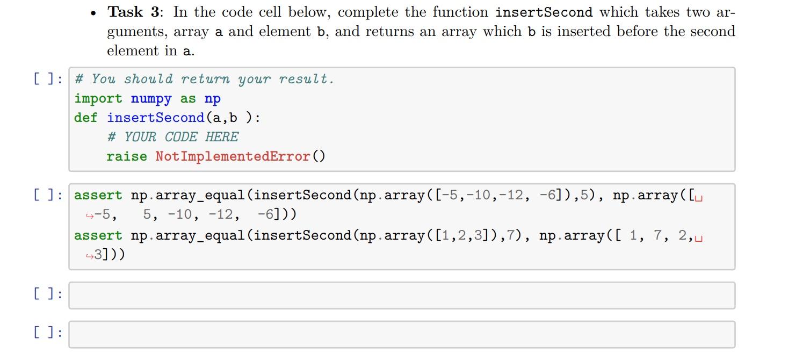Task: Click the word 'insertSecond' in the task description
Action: click(544, 12)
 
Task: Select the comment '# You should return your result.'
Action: click(204, 80)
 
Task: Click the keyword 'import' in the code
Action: click(98, 99)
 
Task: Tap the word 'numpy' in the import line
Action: click(151, 99)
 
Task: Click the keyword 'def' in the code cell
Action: click(86, 118)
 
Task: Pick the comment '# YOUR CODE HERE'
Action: click(172, 138)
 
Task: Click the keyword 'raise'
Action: click(127, 157)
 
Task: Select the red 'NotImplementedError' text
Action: click(233, 157)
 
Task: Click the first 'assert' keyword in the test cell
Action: click(98, 196)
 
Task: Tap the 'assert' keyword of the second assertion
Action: click(98, 236)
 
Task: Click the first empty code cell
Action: click(401, 296)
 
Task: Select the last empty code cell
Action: click(401, 334)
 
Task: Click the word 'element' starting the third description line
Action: click(133, 51)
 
